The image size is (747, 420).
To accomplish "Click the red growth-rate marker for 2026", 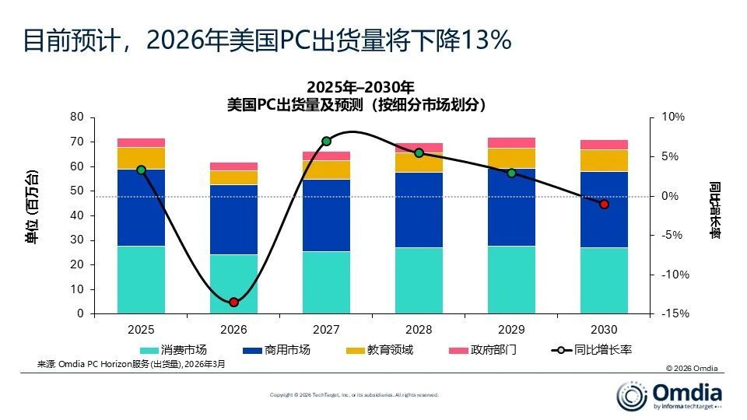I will click(x=233, y=302).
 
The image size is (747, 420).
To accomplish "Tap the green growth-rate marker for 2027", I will click(x=326, y=142).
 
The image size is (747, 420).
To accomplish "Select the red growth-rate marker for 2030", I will click(x=604, y=204).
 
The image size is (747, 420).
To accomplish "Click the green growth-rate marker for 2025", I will click(x=141, y=170).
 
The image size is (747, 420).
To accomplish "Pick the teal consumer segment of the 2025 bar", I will click(x=141, y=280).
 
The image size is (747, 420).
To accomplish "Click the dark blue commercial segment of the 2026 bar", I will click(x=233, y=219).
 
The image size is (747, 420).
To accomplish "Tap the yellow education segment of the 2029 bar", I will click(x=511, y=158).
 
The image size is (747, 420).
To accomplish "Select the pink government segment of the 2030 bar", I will click(x=604, y=145).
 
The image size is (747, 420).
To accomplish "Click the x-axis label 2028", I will click(x=419, y=330).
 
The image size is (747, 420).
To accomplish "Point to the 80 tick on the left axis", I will click(x=76, y=117).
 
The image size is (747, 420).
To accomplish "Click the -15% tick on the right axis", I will click(x=674, y=313).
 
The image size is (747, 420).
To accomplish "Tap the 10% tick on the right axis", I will click(x=674, y=117).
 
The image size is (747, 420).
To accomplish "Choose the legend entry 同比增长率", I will click(x=601, y=350).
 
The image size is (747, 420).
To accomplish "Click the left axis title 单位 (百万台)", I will click(x=32, y=207).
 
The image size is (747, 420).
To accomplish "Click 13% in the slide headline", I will click(x=485, y=40).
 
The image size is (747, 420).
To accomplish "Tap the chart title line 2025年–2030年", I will click(x=360, y=86).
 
